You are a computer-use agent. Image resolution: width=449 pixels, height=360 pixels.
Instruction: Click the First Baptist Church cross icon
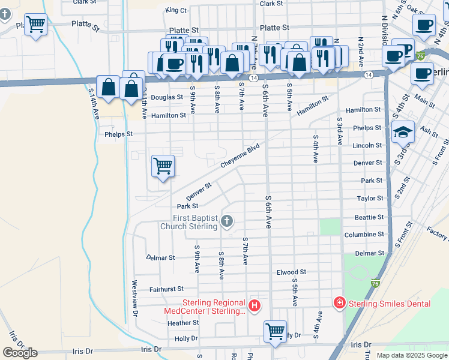pyautogui.click(x=227, y=221)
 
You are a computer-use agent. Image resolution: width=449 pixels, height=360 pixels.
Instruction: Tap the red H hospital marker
pyautogui.click(x=255, y=306)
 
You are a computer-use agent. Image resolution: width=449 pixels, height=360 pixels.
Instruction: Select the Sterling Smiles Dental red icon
pyautogui.click(x=340, y=304)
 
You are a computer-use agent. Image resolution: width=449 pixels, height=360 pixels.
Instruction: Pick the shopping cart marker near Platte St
pyautogui.click(x=35, y=25)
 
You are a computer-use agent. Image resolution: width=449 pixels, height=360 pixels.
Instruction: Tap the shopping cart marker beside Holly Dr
pyautogui.click(x=275, y=331)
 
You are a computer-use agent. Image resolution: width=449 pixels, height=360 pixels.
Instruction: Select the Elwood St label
pyautogui.click(x=292, y=272)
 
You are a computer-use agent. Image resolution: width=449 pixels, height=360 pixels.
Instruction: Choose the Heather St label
pyautogui.click(x=183, y=323)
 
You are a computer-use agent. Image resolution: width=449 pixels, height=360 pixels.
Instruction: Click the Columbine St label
pyautogui.click(x=364, y=234)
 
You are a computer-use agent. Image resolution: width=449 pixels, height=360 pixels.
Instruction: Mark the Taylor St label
pyautogui.click(x=370, y=198)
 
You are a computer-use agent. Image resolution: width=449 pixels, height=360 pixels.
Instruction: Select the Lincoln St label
pyautogui.click(x=367, y=145)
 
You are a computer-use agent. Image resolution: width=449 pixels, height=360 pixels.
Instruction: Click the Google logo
pyautogui.click(x=20, y=353)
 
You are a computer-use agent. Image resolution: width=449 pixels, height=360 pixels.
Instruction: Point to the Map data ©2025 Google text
pyautogui.click(x=411, y=355)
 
